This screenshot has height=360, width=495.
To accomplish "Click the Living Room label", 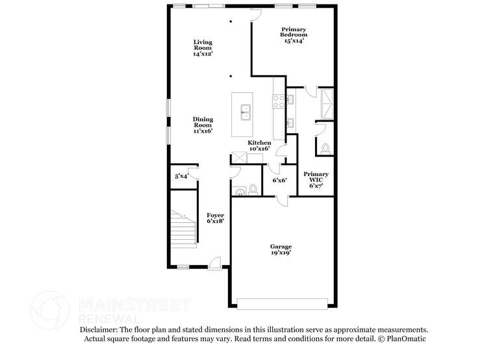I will [x=203, y=49].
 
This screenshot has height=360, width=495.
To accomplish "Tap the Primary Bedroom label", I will [x=294, y=35].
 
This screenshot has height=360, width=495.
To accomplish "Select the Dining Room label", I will [x=203, y=125].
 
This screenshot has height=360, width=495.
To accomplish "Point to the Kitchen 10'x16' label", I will [x=259, y=146].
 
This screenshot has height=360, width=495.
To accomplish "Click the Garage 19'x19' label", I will [x=281, y=250].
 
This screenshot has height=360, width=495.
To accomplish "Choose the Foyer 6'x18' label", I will [x=215, y=218].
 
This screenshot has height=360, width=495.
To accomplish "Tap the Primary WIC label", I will [x=316, y=179].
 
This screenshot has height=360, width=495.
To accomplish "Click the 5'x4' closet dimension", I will [x=181, y=177].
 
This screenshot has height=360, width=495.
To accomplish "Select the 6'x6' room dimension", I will [x=279, y=180].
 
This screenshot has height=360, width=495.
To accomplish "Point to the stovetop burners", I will [x=278, y=101].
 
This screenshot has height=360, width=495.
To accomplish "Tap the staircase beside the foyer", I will [x=183, y=230].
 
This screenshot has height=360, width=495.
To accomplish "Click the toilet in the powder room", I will [x=253, y=190].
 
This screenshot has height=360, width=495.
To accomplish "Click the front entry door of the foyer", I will [x=214, y=263].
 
